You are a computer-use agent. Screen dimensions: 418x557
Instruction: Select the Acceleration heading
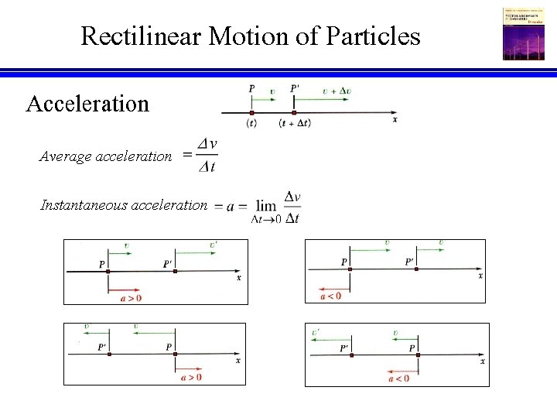click(87, 103)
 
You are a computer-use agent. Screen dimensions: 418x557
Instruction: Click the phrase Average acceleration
click(106, 156)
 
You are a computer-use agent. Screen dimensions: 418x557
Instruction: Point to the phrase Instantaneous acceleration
click(124, 205)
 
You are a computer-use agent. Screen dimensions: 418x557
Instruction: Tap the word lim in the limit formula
click(266, 206)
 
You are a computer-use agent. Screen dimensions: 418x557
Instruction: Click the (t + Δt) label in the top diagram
click(295, 123)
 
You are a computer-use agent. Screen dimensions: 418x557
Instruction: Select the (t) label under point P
click(251, 123)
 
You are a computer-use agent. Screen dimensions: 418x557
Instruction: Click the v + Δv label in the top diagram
click(337, 91)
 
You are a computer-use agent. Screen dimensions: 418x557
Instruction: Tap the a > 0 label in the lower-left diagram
click(192, 378)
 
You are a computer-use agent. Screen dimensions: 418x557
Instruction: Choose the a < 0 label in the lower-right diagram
click(398, 378)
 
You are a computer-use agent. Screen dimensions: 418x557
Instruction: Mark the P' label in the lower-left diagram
click(102, 347)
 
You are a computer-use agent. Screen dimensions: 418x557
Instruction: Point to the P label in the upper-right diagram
click(343, 262)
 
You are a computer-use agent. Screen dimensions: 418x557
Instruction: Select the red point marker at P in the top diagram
click(252, 112)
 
